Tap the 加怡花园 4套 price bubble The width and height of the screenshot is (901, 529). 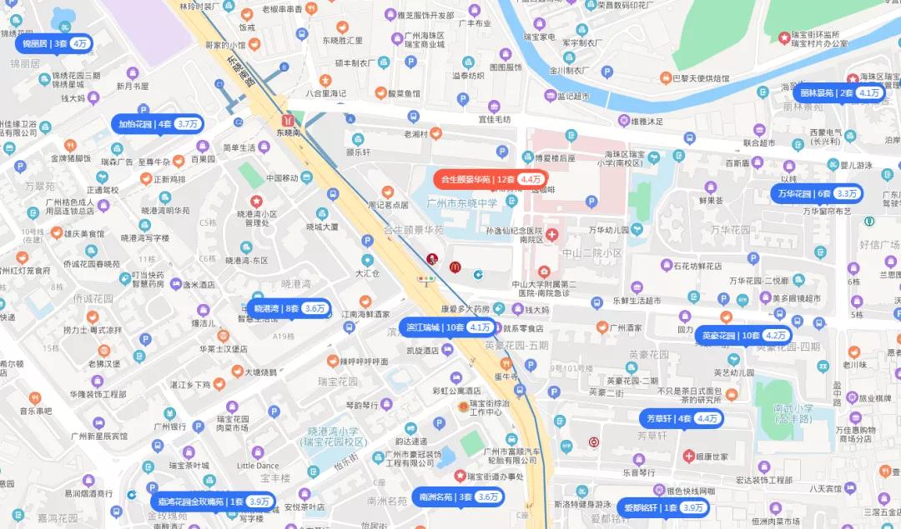(158, 124)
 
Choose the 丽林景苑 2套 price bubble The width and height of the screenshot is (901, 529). (838, 92)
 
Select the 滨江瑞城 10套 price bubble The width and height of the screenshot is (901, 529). (448, 327)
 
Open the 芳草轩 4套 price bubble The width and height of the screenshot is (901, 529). (682, 418)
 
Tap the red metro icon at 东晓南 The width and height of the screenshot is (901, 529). (288, 119)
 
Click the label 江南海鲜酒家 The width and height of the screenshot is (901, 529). (365, 314)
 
